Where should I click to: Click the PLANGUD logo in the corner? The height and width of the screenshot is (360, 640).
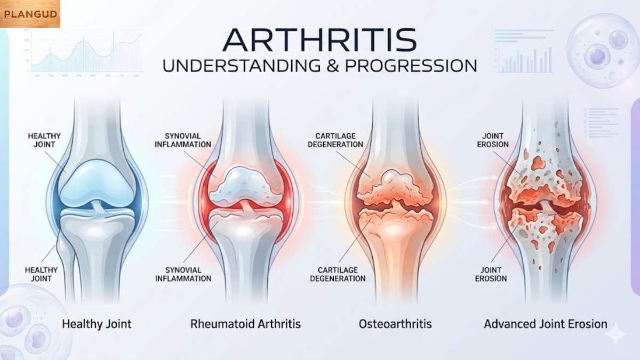click(x=30, y=14)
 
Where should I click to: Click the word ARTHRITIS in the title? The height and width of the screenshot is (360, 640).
click(x=319, y=40)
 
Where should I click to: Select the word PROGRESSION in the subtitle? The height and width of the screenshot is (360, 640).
click(x=411, y=66)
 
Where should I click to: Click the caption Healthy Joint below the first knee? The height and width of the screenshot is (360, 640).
click(x=97, y=324)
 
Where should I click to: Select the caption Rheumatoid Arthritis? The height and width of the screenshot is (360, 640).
click(x=245, y=324)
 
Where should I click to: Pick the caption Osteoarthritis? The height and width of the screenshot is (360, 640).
click(x=395, y=324)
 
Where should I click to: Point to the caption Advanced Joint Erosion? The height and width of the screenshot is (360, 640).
click(x=545, y=324)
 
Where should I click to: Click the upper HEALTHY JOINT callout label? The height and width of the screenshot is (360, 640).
click(x=44, y=140)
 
